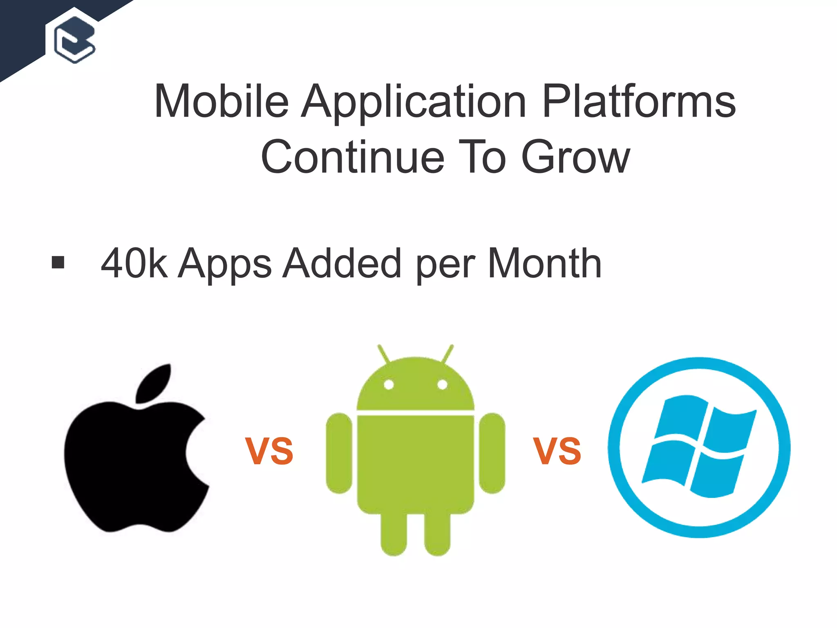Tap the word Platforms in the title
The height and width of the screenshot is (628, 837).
[x=639, y=101]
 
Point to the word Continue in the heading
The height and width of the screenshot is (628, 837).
[x=352, y=157]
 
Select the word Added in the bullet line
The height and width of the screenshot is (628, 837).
[x=342, y=263]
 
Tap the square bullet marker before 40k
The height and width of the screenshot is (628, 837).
[x=58, y=262]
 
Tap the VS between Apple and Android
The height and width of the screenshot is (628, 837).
[x=269, y=451]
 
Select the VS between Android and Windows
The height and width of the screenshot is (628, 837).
[x=557, y=451]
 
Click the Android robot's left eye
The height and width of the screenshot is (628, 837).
[x=389, y=385]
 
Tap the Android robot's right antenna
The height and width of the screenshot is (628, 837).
[x=447, y=354]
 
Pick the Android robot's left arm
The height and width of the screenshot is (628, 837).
[x=339, y=453]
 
